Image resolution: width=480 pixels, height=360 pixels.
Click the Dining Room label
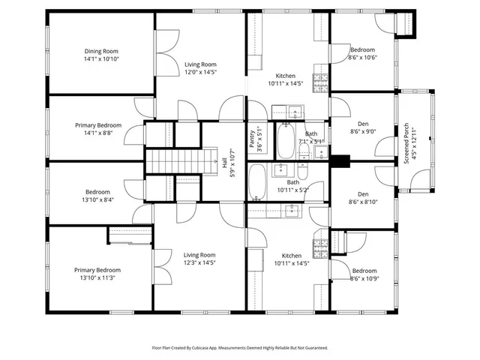click(102, 51)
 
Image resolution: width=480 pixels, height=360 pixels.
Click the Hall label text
click(225, 162)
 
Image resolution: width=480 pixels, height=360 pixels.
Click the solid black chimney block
click(340, 160)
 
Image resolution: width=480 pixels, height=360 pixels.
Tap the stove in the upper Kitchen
click(321, 79)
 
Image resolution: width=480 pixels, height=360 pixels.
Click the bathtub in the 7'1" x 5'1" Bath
click(286, 140)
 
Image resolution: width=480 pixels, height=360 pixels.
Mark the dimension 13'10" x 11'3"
click(97, 278)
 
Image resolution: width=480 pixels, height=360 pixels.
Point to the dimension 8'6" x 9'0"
click(363, 132)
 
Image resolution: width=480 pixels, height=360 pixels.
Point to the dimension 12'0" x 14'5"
click(200, 73)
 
